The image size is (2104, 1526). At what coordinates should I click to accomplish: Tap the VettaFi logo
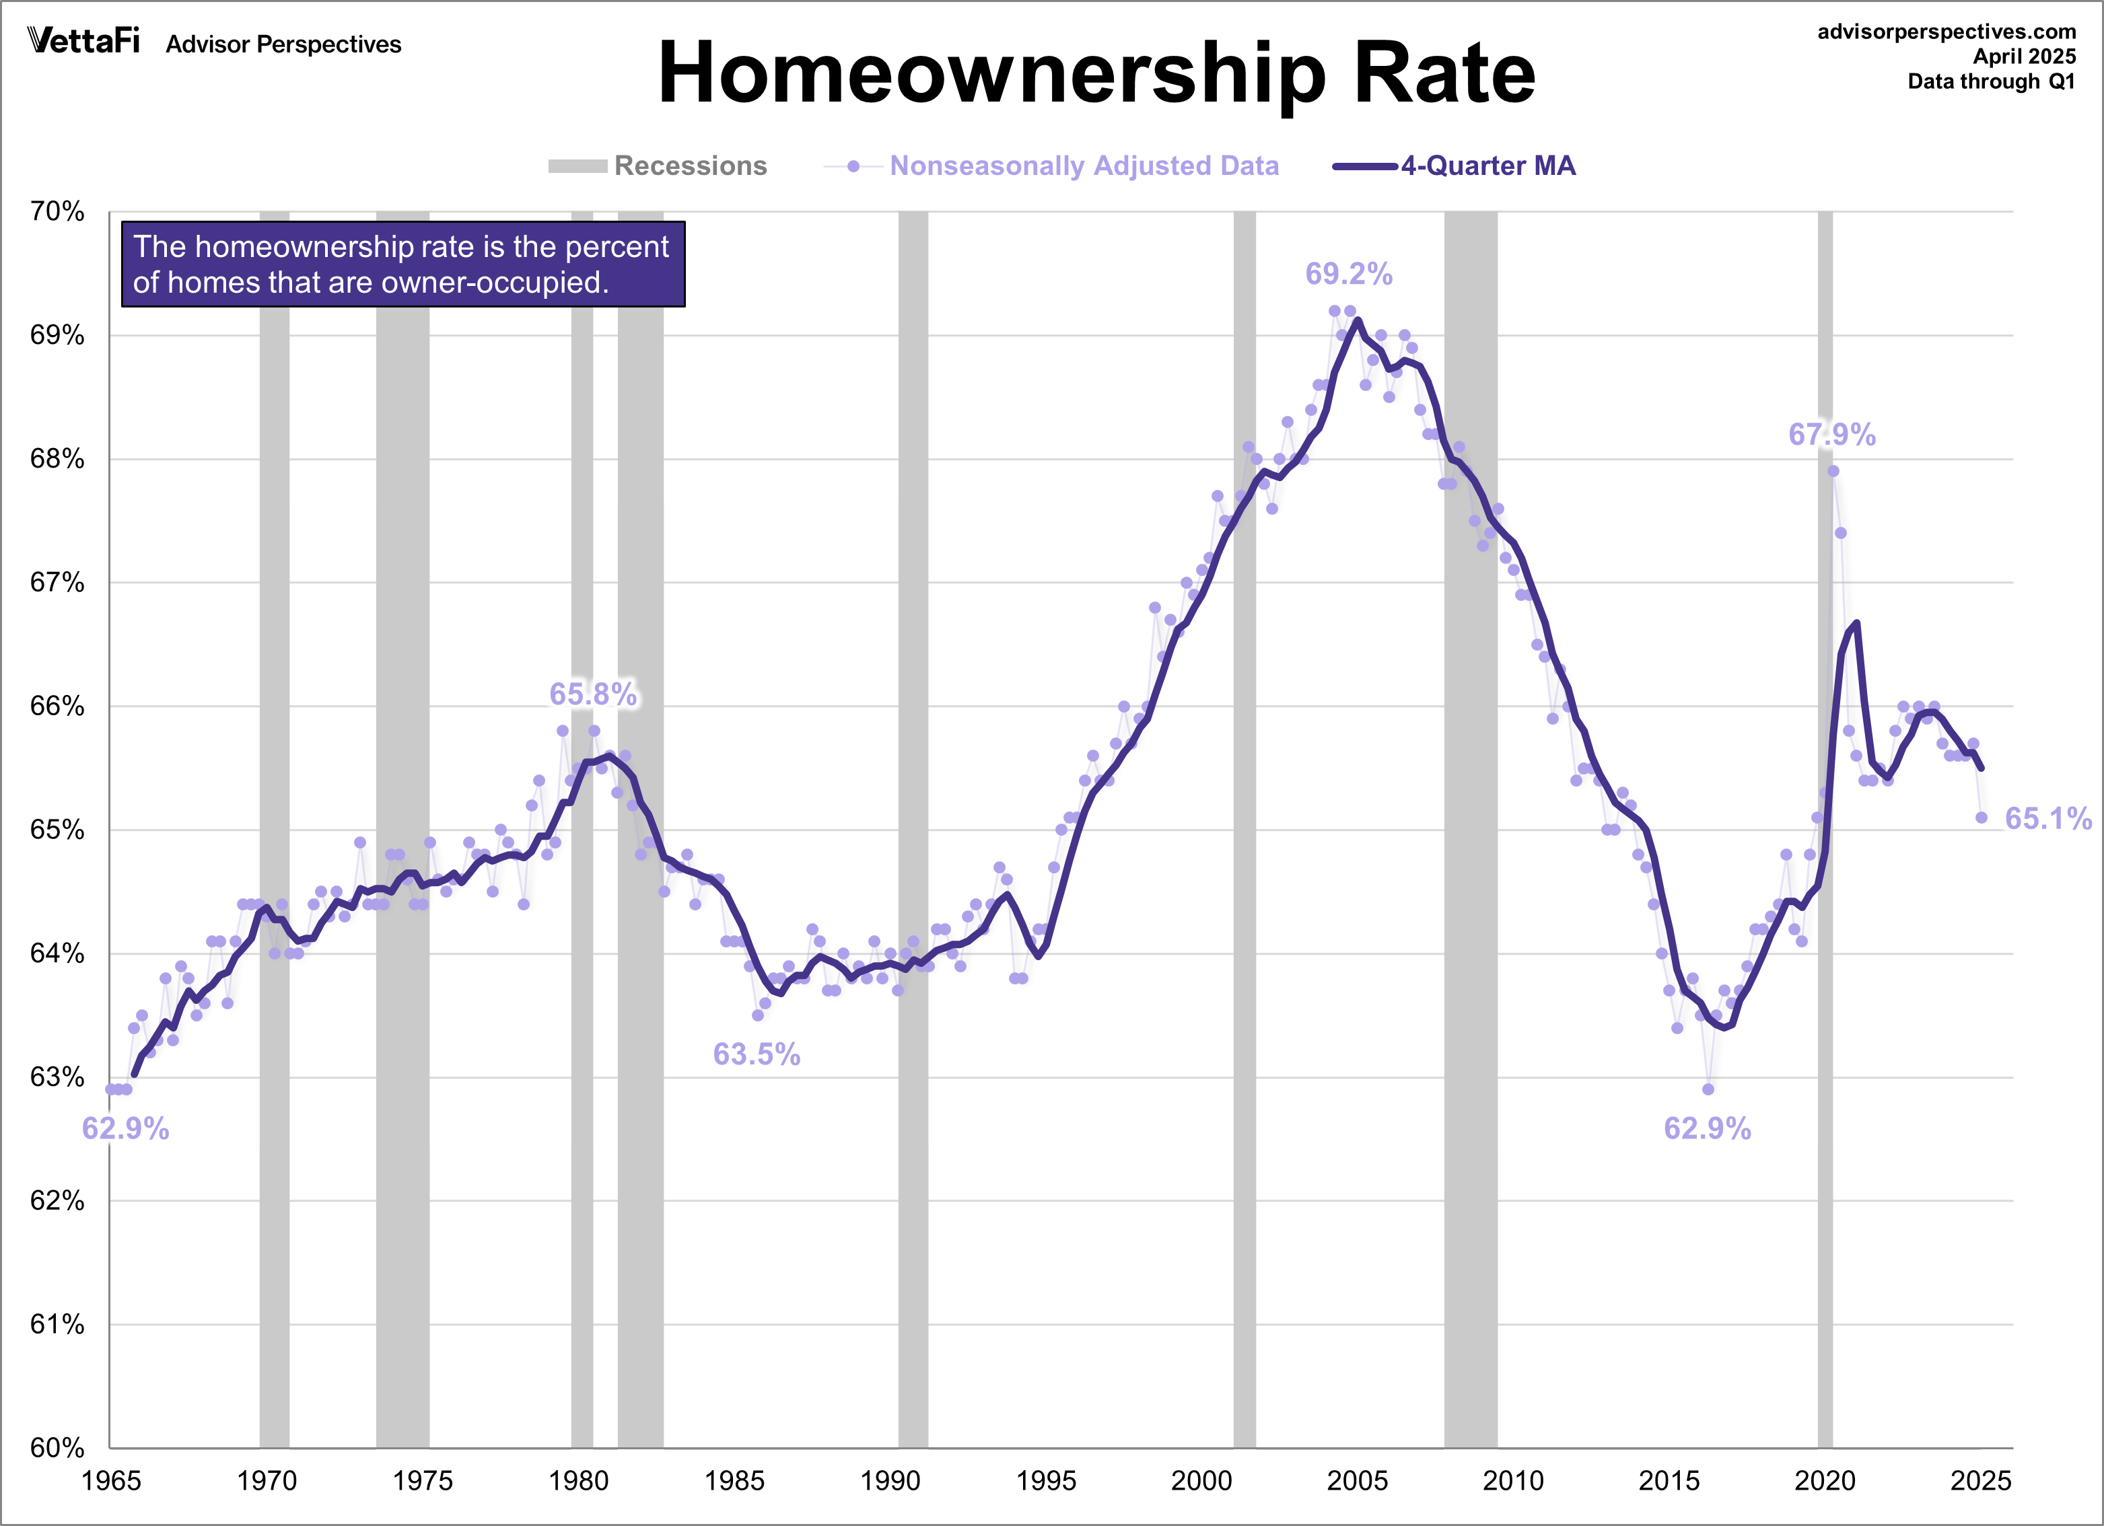click(x=83, y=41)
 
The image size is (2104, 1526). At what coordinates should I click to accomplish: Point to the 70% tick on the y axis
click(x=57, y=211)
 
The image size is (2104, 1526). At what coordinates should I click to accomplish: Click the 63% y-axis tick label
click(x=57, y=1077)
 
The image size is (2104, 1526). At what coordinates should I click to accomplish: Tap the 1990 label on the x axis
click(x=890, y=1480)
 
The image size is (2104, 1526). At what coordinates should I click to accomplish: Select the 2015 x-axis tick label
click(x=1669, y=1480)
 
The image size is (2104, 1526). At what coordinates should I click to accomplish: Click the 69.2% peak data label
click(x=1348, y=274)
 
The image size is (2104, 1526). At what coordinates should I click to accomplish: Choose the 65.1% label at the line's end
click(x=2048, y=818)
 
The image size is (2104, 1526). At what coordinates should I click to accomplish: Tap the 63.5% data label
click(x=756, y=1054)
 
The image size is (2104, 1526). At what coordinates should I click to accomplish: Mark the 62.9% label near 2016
click(x=1707, y=1128)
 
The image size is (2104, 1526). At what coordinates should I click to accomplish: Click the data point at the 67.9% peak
click(x=1833, y=471)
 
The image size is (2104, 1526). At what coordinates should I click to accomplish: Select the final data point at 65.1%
click(x=1982, y=817)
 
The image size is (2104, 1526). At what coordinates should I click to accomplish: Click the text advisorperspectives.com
click(x=1947, y=32)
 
